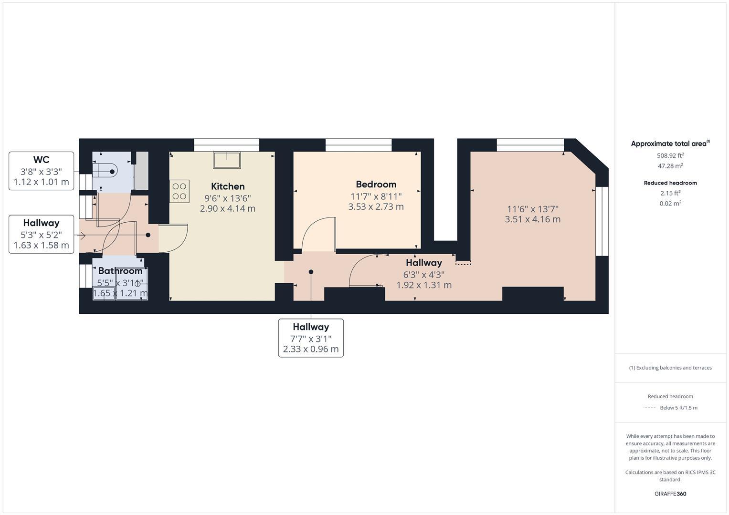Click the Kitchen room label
pos(228,186)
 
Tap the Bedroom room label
pos(376,185)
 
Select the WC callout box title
pos(41,160)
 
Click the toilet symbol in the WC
pos(107,171)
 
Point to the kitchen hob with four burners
pos(180,191)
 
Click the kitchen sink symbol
pos(227,160)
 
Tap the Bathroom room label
pos(120,271)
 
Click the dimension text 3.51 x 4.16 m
pos(532,219)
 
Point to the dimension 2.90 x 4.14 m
pos(228,208)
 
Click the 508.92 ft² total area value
pos(670,155)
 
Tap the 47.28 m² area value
pos(670,166)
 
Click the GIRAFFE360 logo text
pos(670,494)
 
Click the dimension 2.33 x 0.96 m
pos(311,349)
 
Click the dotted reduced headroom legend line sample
pos(649,408)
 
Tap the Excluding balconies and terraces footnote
pos(670,368)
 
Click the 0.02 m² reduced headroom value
pos(670,203)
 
